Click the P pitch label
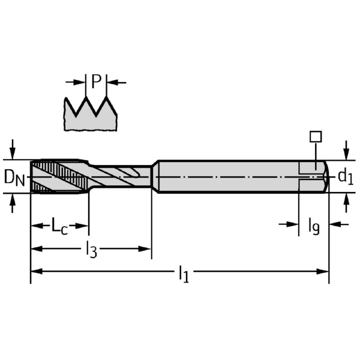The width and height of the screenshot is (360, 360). (x=96, y=80)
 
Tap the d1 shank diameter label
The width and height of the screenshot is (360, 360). (x=345, y=176)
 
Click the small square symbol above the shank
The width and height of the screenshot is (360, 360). (x=316, y=136)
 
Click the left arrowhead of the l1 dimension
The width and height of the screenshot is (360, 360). (x=35, y=271)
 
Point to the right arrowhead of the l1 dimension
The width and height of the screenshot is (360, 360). (x=324, y=271)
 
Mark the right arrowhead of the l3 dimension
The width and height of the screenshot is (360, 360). (x=146, y=247)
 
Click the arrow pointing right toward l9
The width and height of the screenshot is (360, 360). (x=292, y=224)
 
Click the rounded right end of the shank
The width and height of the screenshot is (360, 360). (x=325, y=176)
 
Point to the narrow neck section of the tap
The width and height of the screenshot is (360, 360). (x=120, y=176)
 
